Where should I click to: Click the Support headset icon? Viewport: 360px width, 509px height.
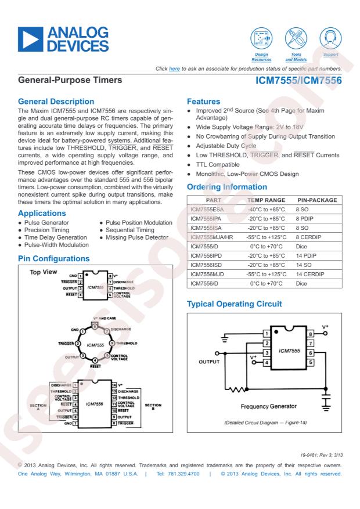tap(330, 39)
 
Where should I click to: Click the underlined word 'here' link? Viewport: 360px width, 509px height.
tap(174, 69)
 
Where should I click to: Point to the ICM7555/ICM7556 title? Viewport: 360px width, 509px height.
tap(298, 82)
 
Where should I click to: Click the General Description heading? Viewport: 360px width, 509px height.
tap(56, 102)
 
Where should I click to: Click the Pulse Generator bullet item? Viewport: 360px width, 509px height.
tap(46, 222)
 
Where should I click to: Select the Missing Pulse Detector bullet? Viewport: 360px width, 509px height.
tap(136, 238)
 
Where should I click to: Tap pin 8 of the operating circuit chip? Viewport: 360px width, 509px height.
tap(311, 334)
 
